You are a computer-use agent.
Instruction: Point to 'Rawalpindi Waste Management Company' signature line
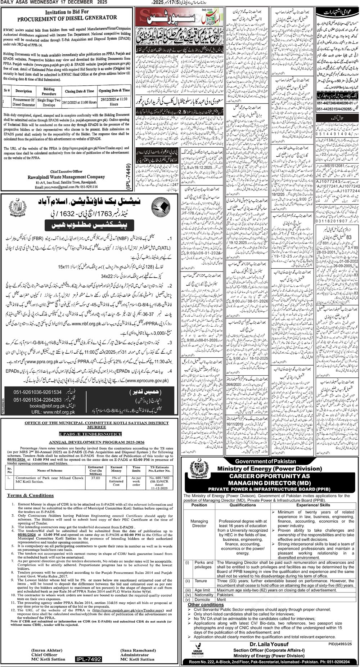(x=66, y=177)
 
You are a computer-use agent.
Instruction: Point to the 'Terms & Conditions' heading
(x=31, y=496)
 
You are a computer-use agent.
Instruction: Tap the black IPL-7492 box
(x=89, y=659)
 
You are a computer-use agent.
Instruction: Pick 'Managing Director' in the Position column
(x=199, y=523)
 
